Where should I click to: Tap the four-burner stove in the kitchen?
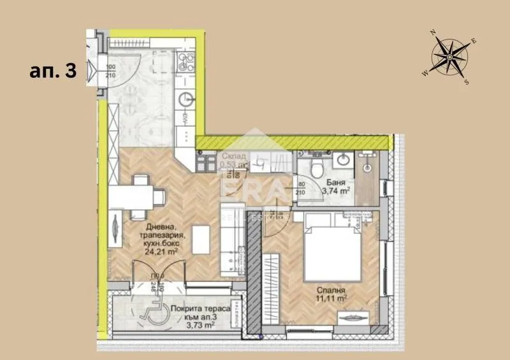click(x=187, y=61)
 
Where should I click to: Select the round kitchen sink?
click(x=186, y=99)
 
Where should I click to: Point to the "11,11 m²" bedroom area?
click(x=332, y=297)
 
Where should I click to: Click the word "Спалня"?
click(x=331, y=287)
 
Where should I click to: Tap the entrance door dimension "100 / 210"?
click(x=110, y=71)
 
